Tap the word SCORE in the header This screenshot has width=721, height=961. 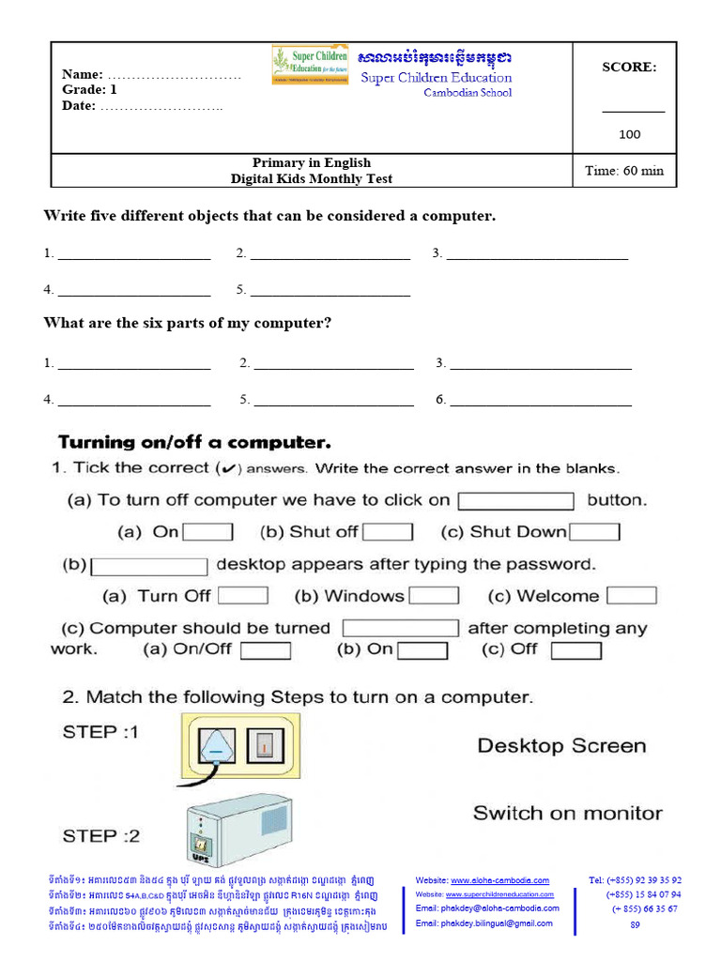[x=629, y=67]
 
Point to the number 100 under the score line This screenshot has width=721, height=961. [x=629, y=134]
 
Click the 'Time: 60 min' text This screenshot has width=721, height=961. [x=623, y=171]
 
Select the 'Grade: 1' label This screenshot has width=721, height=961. [x=89, y=90]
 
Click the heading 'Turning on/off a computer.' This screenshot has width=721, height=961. [x=195, y=441]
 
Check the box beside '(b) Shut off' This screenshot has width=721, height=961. [x=388, y=532]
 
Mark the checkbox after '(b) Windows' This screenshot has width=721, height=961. [x=434, y=596]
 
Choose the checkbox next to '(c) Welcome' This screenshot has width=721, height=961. [x=632, y=596]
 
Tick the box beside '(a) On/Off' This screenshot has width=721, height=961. [x=266, y=649]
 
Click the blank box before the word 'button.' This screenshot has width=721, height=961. [x=515, y=501]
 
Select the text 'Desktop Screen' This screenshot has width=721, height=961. [x=561, y=746]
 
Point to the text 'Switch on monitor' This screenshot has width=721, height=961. [x=567, y=813]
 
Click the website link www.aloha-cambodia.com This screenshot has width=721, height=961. [x=499, y=880]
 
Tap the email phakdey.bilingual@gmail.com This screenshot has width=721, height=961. [x=484, y=923]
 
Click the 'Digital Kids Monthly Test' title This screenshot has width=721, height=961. [x=312, y=178]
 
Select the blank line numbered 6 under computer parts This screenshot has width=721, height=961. [x=541, y=401]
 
